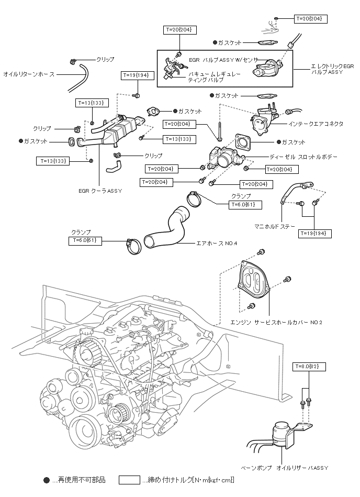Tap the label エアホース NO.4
coord(217,244)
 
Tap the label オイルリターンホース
coord(29,74)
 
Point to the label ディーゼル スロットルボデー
coord(303,157)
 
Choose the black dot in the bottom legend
coord(46,480)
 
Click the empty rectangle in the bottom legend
coord(129,480)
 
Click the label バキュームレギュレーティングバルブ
coord(215,78)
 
